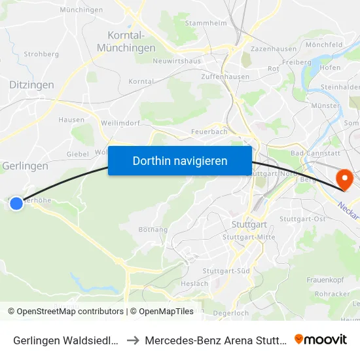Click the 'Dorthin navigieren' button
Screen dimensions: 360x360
pyautogui.click(x=180, y=160)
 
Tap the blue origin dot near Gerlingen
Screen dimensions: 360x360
pyautogui.click(x=17, y=204)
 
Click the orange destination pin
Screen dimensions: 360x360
pyautogui.click(x=344, y=179)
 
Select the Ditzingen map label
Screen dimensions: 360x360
pyautogui.click(x=32, y=84)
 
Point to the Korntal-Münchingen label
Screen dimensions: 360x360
pyautogui.click(x=126, y=41)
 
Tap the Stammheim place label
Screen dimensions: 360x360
pyautogui.click(x=206, y=23)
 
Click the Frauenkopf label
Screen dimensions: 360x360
pyautogui.click(x=325, y=279)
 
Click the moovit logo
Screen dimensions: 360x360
pyautogui.click(x=321, y=340)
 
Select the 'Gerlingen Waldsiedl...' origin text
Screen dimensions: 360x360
pyautogui.click(x=65, y=340)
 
